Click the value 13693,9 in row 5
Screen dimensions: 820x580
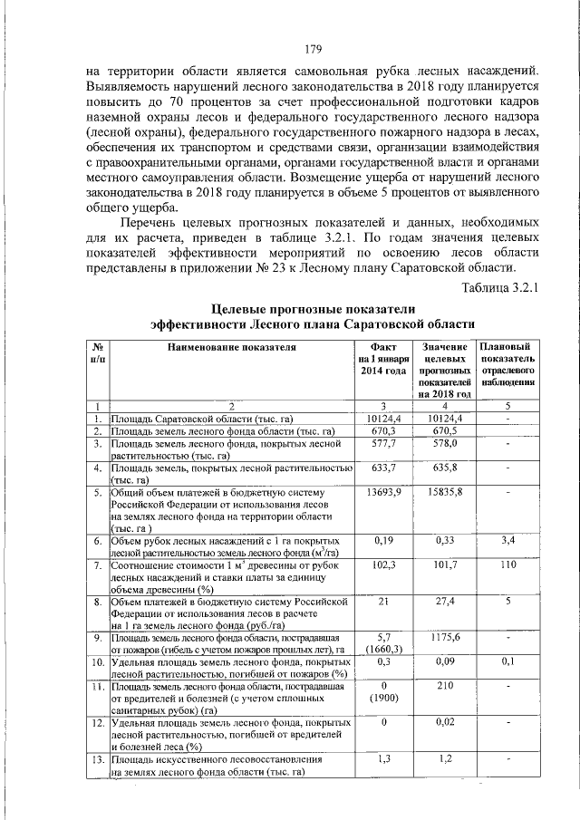pyautogui.click(x=385, y=492)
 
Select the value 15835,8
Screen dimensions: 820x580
pyautogui.click(x=444, y=492)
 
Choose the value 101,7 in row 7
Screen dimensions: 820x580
pyautogui.click(x=444, y=564)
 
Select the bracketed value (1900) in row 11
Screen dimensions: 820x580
pyautogui.click(x=385, y=699)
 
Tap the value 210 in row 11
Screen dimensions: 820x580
pyautogui.click(x=444, y=687)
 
